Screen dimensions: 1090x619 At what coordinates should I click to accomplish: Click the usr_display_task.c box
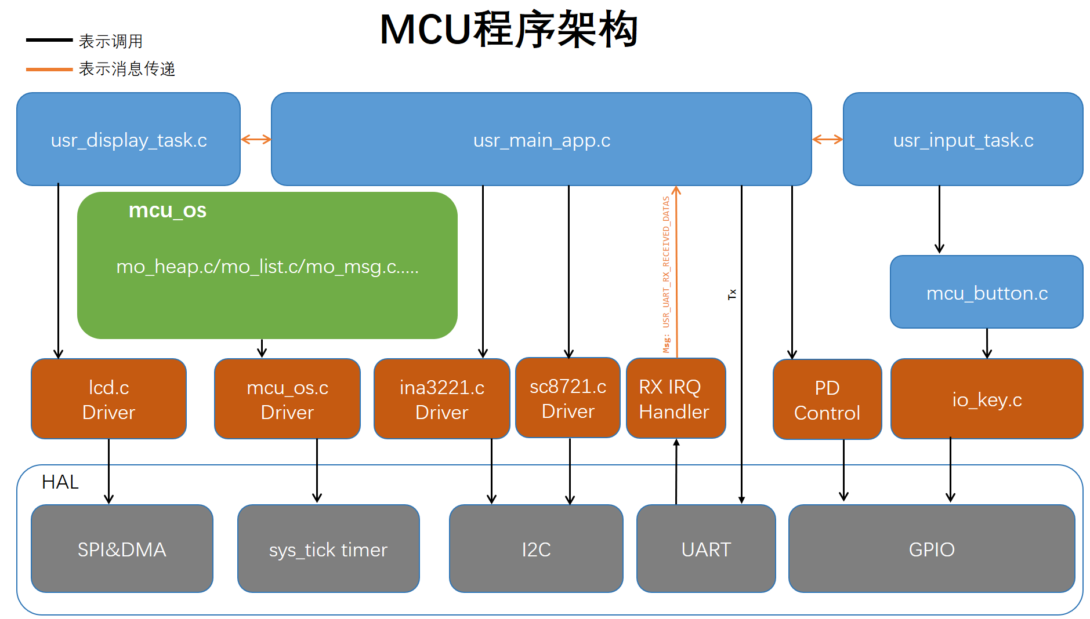128,139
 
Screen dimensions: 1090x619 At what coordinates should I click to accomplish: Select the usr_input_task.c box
963,139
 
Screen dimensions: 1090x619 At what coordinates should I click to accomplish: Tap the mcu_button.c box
987,292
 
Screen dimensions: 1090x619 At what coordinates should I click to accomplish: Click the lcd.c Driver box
108,399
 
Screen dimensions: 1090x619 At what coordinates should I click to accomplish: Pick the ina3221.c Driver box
441,399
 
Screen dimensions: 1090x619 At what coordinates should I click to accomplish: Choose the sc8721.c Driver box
568,398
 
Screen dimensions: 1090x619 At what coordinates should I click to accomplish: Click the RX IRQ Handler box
676,398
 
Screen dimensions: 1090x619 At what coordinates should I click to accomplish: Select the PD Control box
827,399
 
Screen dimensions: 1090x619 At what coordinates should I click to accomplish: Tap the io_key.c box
987,399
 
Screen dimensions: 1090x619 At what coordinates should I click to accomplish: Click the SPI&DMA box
122,548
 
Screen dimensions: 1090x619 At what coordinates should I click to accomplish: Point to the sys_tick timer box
328,548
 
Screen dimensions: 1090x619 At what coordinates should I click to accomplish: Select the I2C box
536,548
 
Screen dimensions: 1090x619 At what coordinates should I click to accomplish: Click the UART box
706,548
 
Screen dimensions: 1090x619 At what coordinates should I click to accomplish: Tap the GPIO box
932,548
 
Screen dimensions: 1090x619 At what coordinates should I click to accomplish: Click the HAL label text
60,482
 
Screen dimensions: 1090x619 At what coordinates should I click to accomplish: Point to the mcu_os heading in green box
168,210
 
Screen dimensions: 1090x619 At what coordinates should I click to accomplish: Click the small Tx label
732,294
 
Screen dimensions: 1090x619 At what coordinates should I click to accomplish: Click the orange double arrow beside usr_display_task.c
256,139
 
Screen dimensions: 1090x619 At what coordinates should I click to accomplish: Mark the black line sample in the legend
49,40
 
